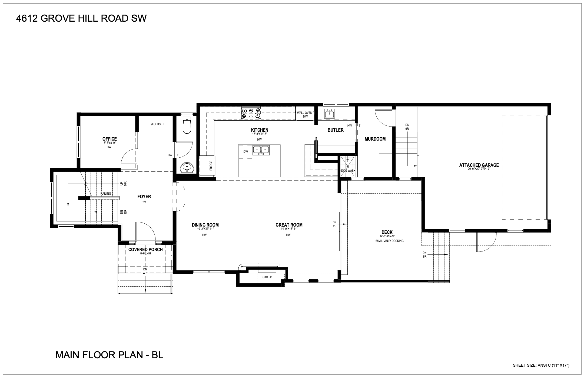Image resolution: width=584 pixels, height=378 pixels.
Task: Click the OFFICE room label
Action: click(109, 139)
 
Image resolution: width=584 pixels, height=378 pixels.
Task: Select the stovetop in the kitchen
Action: click(251, 113)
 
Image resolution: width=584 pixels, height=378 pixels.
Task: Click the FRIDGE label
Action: click(211, 166)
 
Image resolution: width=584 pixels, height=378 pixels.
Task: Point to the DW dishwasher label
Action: click(245, 152)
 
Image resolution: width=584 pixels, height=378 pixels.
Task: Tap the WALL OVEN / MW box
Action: click(305, 115)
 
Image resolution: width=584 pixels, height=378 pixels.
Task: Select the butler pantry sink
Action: click(330, 114)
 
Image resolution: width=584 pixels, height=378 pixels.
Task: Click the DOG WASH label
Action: click(348, 171)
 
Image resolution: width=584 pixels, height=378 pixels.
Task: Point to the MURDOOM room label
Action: click(375, 139)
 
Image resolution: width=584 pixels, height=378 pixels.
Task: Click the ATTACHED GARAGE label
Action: click(479, 165)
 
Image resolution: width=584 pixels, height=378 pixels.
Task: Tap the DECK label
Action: click(387, 232)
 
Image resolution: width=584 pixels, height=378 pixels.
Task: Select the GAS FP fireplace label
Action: click(267, 277)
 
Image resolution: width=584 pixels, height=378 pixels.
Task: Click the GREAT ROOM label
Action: click(289, 225)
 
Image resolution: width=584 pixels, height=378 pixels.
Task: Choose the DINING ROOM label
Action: click(205, 225)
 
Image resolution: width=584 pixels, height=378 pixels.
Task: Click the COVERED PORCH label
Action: click(145, 250)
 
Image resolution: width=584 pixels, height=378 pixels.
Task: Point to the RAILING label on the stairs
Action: click(106, 194)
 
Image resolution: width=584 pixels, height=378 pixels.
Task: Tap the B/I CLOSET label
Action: click(157, 124)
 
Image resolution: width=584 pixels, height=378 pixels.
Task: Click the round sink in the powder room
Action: click(186, 168)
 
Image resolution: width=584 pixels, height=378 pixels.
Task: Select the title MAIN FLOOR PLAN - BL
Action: click(109, 355)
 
